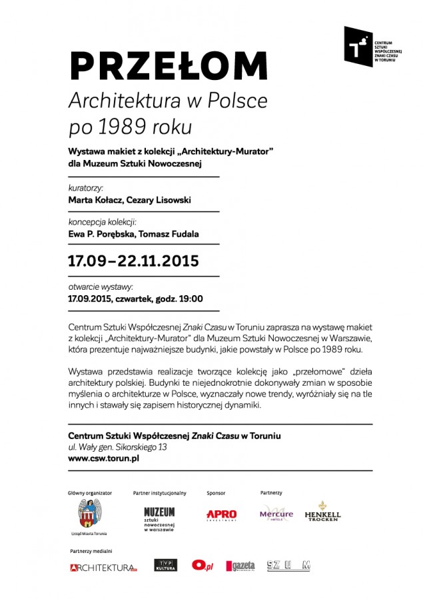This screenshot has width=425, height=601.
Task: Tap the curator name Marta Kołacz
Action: click(x=98, y=199)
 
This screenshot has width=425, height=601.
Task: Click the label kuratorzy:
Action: click(x=85, y=187)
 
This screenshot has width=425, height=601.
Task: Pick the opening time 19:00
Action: click(x=190, y=299)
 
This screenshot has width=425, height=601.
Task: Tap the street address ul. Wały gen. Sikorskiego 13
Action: click(x=118, y=447)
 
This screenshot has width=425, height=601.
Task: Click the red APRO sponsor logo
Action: click(x=221, y=515)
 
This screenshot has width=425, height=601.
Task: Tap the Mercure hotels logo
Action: click(x=276, y=514)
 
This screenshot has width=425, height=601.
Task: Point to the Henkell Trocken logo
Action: click(x=322, y=512)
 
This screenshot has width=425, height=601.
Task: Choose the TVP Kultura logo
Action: click(x=165, y=565)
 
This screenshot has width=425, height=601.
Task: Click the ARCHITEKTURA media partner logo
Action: click(x=103, y=567)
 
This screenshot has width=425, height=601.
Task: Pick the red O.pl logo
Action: click(x=203, y=565)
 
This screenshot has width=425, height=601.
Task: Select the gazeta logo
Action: click(x=240, y=566)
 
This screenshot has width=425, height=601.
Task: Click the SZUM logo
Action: click(x=288, y=566)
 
